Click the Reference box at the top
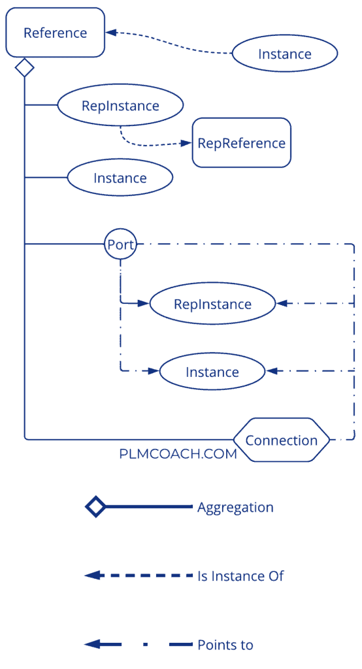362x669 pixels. click(55, 32)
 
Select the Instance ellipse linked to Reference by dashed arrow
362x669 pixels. click(284, 54)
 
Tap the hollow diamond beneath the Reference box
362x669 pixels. click(24, 67)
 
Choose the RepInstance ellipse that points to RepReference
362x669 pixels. click(120, 105)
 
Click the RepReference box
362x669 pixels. click(241, 142)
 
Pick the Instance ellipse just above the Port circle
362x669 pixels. click(120, 178)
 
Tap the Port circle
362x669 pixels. click(120, 245)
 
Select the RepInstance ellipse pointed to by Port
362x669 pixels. click(212, 304)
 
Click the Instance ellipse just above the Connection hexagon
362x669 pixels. click(212, 372)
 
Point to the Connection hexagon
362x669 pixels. click(282, 440)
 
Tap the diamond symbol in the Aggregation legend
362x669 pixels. click(95, 507)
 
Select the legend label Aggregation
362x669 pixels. click(235, 508)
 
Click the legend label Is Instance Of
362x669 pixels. click(240, 576)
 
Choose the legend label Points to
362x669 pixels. click(225, 645)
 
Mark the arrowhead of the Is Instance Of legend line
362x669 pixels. click(91, 576)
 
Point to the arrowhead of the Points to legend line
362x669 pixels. click(91, 644)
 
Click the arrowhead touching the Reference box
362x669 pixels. click(111, 31)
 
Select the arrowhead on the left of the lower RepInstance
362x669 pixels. click(144, 303)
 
